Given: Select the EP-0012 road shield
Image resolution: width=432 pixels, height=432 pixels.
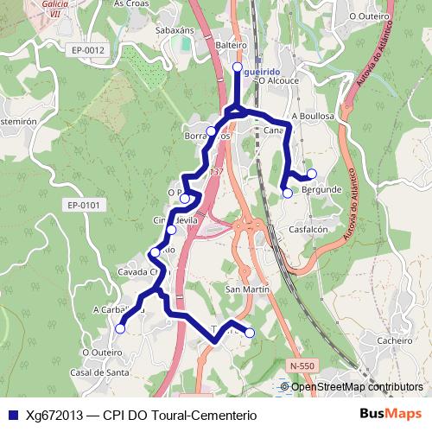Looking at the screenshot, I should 88,50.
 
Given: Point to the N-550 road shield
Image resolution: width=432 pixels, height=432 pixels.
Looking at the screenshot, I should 302,366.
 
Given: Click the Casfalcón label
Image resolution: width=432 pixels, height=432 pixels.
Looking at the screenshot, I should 308,229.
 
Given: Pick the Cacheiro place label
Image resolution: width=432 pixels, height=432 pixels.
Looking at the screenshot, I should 394,340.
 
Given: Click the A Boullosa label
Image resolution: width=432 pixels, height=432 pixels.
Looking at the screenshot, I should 314,115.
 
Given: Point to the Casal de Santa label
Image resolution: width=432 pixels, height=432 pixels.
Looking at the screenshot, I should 100,372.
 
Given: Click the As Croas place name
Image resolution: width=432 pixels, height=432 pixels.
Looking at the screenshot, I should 132,3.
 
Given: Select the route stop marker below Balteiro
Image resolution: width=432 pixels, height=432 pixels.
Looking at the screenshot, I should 238,66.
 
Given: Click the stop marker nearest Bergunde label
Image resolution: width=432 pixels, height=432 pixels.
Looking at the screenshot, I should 312,173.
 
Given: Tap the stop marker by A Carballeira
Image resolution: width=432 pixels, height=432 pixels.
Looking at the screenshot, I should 120,327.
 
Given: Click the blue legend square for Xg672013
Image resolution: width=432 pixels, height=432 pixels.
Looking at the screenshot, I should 12,414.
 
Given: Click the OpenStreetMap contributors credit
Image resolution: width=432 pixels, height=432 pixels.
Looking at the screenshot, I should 357,387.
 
